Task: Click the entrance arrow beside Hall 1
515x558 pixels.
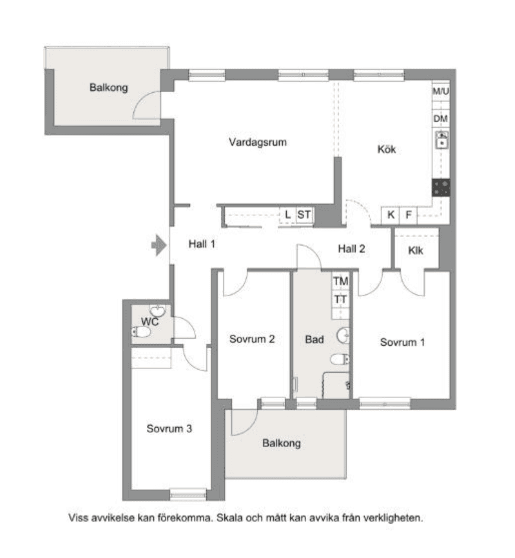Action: pyautogui.click(x=159, y=245)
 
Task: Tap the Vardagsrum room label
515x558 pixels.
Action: pyautogui.click(x=257, y=142)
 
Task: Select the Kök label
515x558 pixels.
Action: pyautogui.click(x=386, y=149)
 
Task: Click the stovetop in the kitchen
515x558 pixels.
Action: pyautogui.click(x=441, y=188)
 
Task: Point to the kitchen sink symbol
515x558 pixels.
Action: pyautogui.click(x=442, y=140)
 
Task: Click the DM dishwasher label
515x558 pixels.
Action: pyautogui.click(x=440, y=119)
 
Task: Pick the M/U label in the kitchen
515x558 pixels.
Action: pyautogui.click(x=441, y=91)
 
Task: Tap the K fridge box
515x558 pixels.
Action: pyautogui.click(x=390, y=215)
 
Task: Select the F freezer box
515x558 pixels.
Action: pyautogui.click(x=408, y=215)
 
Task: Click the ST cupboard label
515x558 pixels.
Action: pyautogui.click(x=304, y=214)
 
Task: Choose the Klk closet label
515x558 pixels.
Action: pyautogui.click(x=415, y=251)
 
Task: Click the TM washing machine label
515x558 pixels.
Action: pyautogui.click(x=340, y=281)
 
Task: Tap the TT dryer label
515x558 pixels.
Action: pyautogui.click(x=340, y=300)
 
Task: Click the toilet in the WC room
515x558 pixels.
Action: pyautogui.click(x=141, y=333)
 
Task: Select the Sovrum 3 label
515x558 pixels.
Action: pyautogui.click(x=169, y=429)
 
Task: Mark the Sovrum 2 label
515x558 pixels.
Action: pyautogui.click(x=252, y=339)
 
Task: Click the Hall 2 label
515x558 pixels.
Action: pyautogui.click(x=352, y=249)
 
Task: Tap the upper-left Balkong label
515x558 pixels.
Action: pyautogui.click(x=109, y=88)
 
